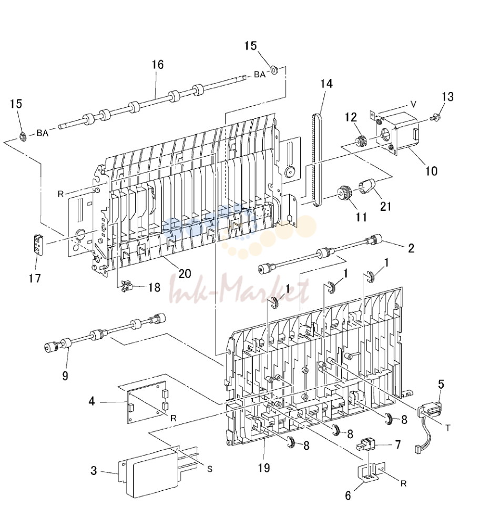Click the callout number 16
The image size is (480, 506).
[x=158, y=65]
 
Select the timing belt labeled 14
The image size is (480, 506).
[x=317, y=160]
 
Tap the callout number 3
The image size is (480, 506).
[x=94, y=471]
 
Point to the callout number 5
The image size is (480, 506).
[x=441, y=384]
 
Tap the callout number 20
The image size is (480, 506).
[x=185, y=274]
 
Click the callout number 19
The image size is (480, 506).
[x=264, y=468]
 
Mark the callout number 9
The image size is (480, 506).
[x=65, y=376]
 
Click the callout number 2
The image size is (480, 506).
[x=411, y=248]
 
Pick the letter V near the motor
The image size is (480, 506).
[x=413, y=104]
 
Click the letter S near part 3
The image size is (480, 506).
[x=210, y=469]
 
